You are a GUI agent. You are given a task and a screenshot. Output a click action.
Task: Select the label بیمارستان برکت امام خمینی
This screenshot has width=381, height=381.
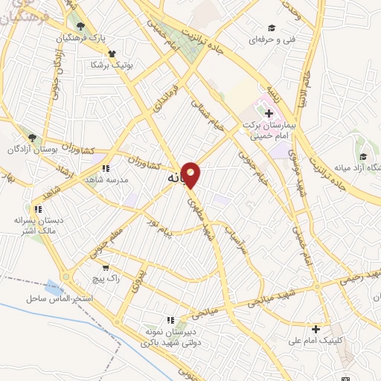[x=269, y=131]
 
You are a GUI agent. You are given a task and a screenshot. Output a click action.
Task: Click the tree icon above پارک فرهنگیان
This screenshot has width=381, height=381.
[x=80, y=28]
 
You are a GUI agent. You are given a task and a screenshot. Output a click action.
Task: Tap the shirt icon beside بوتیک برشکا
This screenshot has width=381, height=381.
[x=112, y=54]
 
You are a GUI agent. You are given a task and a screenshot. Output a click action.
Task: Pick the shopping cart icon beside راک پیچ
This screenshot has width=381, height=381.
[x=106, y=266]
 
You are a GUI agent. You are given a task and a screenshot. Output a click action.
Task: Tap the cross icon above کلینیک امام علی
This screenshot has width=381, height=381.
[x=316, y=329]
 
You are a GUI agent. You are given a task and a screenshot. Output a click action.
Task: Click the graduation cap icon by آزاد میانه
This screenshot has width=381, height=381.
[x=363, y=157]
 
